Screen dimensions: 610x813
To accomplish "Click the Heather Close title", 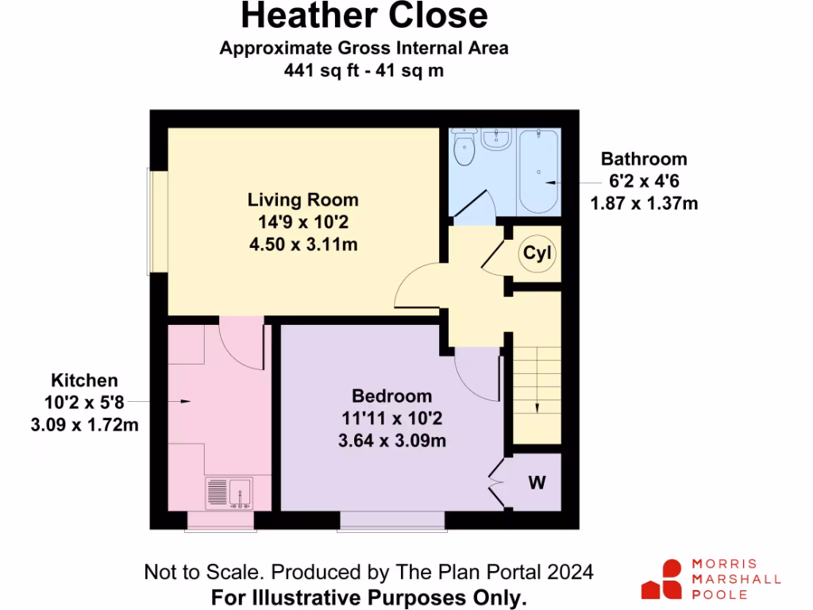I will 364,16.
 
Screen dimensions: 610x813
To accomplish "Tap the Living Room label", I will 302,200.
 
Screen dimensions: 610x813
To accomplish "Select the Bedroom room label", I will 392,396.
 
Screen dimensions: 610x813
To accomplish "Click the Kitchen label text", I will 84,380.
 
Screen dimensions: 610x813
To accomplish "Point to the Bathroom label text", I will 643,159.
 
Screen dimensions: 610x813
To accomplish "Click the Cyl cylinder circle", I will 538,254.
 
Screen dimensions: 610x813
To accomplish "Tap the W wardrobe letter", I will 537,482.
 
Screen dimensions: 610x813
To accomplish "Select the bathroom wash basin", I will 497,140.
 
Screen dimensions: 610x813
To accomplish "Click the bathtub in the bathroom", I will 539,171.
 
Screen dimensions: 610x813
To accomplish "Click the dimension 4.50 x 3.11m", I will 302,245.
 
